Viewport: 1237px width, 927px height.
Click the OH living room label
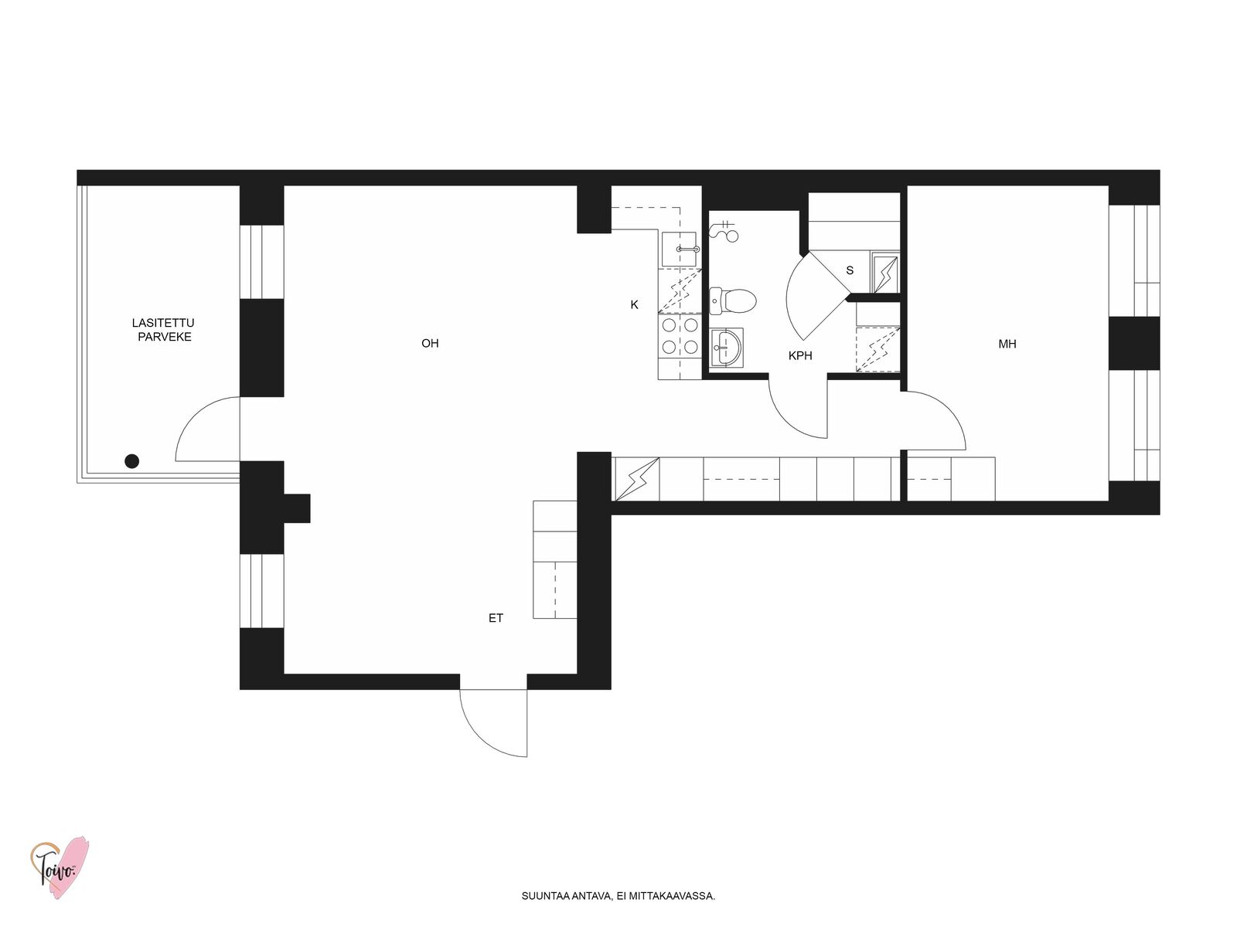pyautogui.click(x=429, y=343)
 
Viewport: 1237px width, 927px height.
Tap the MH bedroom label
pyautogui.click(x=1007, y=344)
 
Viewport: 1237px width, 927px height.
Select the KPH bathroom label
pyautogui.click(x=799, y=355)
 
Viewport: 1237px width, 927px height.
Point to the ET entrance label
pyautogui.click(x=496, y=618)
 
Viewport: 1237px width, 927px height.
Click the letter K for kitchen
pyautogui.click(x=634, y=304)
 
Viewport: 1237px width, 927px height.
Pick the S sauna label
pyautogui.click(x=849, y=270)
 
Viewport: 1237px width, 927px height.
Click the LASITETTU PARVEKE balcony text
pyautogui.click(x=163, y=330)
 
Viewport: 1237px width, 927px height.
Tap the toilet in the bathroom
pyautogui.click(x=732, y=300)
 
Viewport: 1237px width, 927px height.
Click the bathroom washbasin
pyautogui.click(x=727, y=348)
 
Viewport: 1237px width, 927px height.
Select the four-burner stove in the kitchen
pyautogui.click(x=680, y=336)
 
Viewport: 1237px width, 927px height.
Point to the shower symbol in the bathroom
pyautogui.click(x=724, y=230)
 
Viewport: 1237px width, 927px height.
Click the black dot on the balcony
pyautogui.click(x=132, y=461)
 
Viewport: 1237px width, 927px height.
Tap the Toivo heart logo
pyautogui.click(x=60, y=868)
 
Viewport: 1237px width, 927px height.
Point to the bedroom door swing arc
pyautogui.click(x=948, y=412)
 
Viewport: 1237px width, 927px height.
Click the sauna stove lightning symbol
pyautogui.click(x=884, y=274)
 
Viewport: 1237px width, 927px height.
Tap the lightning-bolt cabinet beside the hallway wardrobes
pyautogui.click(x=636, y=478)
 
